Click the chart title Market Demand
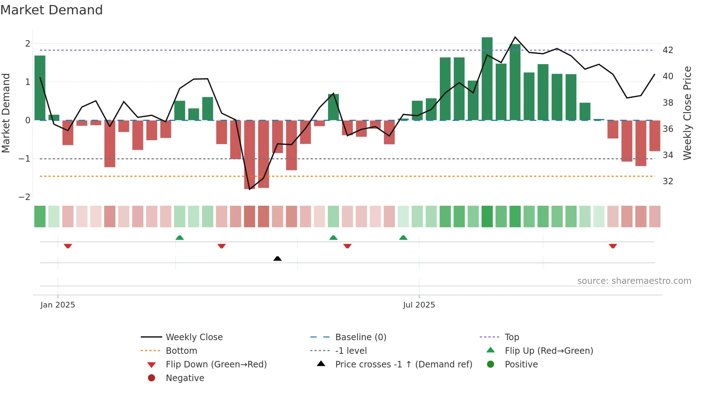coord(52,10)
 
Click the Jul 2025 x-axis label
coord(419,305)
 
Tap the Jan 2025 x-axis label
coord(58,305)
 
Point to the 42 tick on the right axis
coord(668,50)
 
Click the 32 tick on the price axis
coord(668,181)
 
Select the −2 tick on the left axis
coord(24,197)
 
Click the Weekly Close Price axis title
coord(687,113)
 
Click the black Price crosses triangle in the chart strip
coord(277,258)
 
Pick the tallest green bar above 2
coord(487,79)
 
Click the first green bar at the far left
coord(40,88)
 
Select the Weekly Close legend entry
coord(194,337)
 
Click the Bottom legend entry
coord(181,351)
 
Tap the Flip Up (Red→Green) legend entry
coord(549,351)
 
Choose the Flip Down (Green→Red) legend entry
coord(216,365)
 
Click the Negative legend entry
coord(185,378)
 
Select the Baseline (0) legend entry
coord(361,337)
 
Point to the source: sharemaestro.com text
coord(634,281)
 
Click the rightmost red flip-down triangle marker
coord(613,246)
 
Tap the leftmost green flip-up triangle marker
coord(180,238)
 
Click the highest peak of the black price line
coord(515,37)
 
